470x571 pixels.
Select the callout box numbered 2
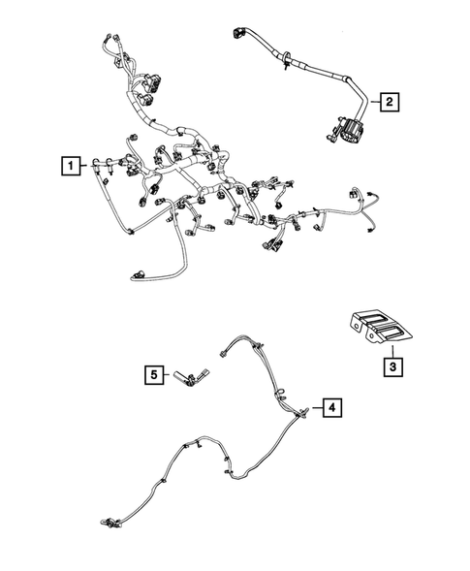[x=388, y=101]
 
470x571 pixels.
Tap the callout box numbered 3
[x=392, y=367]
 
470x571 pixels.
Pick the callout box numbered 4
[x=332, y=409]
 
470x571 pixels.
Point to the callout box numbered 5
[x=153, y=372]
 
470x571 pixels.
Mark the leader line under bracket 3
[x=392, y=350]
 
